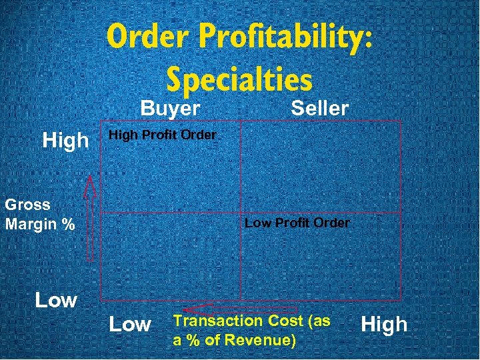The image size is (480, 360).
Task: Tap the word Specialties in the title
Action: tap(239, 79)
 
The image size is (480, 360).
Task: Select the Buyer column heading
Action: tap(170, 108)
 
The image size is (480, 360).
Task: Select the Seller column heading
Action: tap(319, 108)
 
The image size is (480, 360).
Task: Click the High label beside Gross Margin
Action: tap(65, 140)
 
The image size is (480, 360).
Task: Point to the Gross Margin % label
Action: tap(39, 214)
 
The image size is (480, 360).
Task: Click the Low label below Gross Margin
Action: tap(56, 300)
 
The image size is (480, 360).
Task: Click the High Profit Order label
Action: tap(162, 135)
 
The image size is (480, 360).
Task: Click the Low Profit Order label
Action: tap(297, 223)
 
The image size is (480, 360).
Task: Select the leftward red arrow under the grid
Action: tap(240, 309)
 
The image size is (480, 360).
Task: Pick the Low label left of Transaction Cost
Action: tap(129, 325)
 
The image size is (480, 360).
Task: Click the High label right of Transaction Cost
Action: tap(383, 325)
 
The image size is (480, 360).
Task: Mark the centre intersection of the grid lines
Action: tap(241, 213)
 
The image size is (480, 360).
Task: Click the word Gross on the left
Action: tap(27, 204)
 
